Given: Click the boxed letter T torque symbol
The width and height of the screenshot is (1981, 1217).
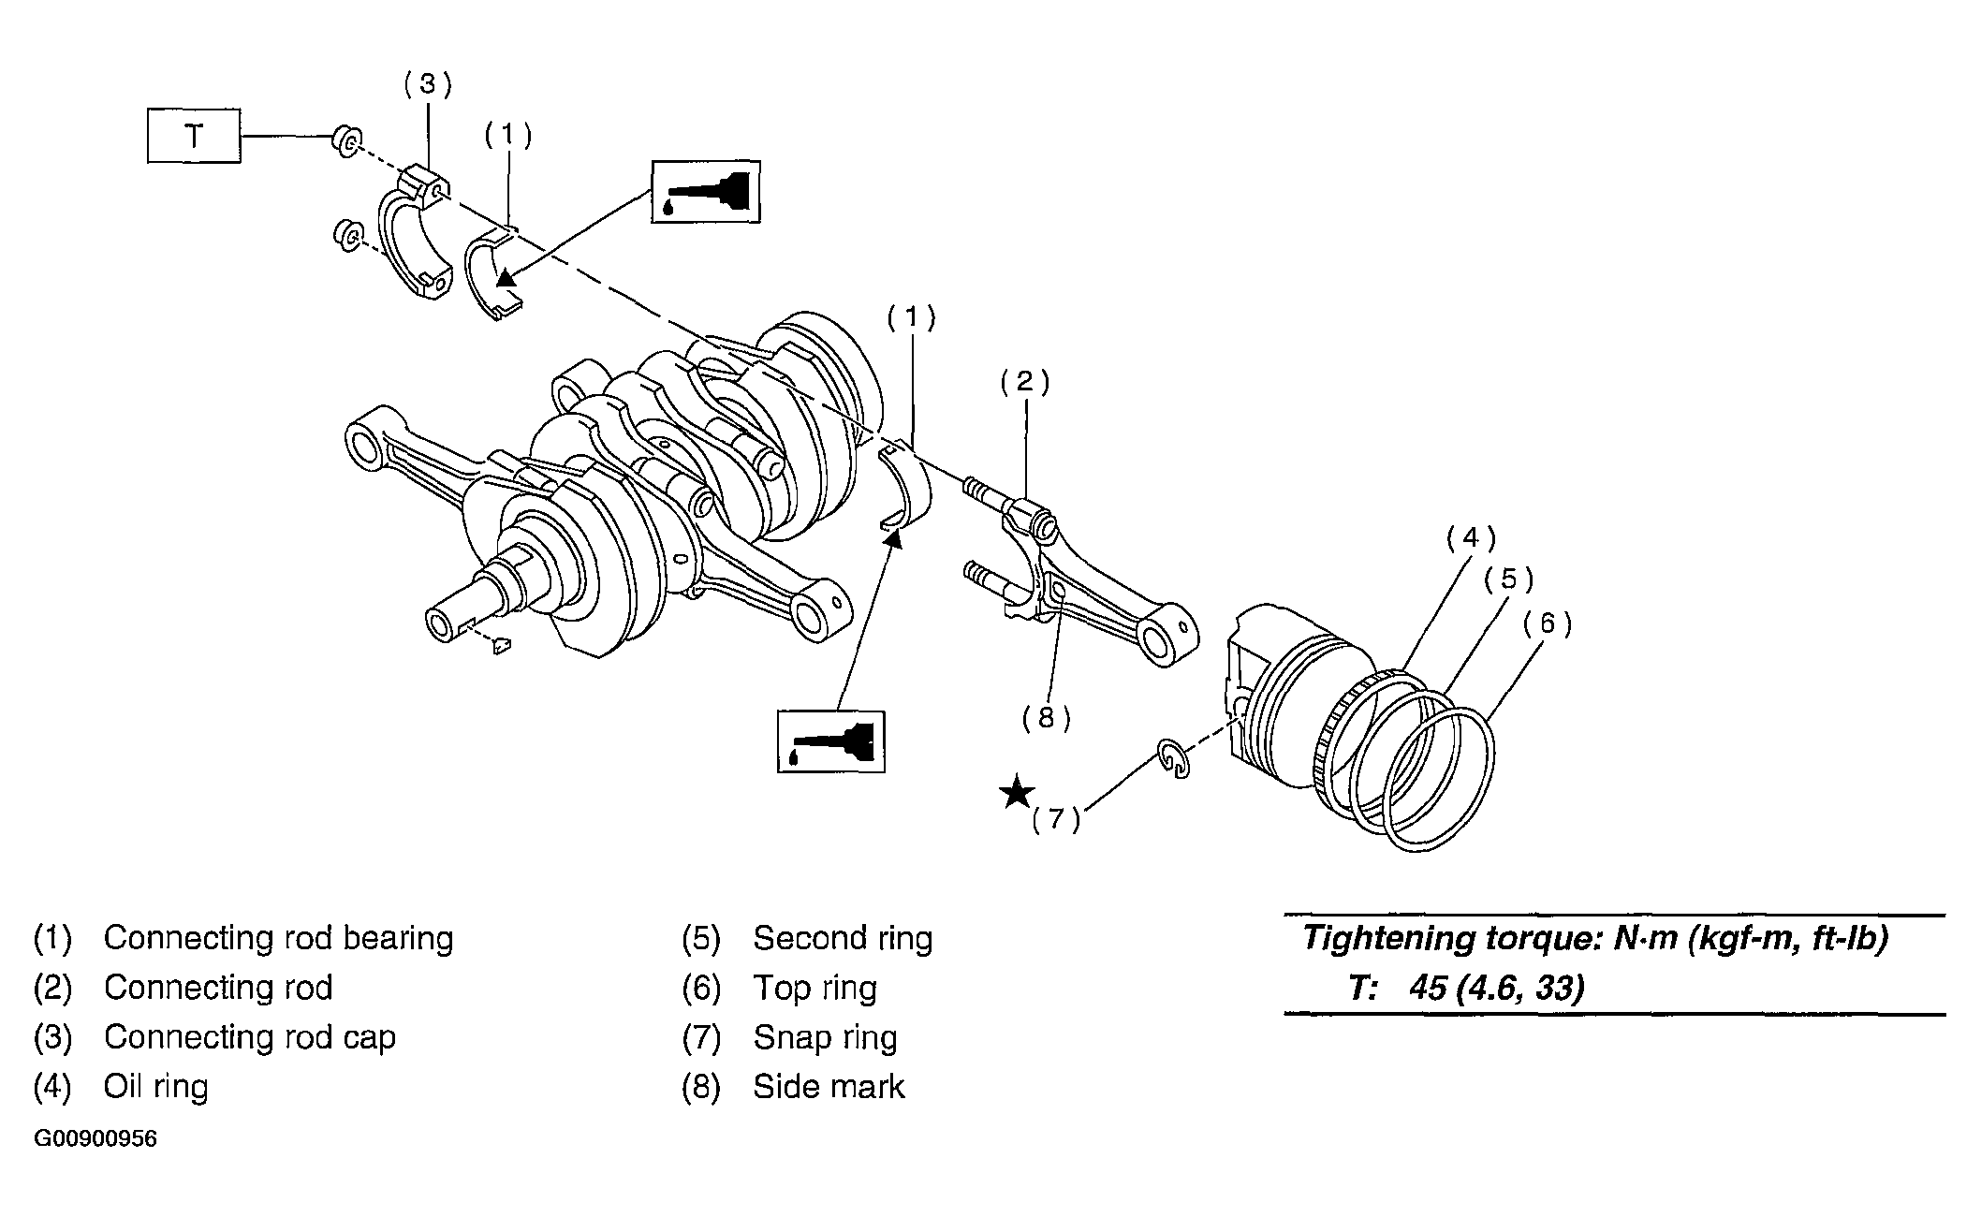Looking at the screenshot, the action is pos(194,137).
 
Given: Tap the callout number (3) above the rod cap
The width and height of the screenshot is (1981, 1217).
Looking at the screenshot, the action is pos(428,84).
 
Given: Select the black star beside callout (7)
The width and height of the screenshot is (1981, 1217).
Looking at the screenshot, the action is pos(1016,792).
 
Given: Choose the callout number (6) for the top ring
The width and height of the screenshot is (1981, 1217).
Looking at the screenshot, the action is pos(1547,623).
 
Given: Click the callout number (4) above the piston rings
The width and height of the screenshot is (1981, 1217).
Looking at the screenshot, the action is pos(1471,537).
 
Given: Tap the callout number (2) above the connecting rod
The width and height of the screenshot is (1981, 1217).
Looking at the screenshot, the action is pos(1025,381).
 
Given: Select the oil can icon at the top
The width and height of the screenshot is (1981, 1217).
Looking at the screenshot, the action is pos(706,192).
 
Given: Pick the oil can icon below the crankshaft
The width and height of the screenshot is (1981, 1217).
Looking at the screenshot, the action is pos(831,741).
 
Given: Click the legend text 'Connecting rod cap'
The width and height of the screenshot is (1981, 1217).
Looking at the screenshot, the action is pos(250,1037).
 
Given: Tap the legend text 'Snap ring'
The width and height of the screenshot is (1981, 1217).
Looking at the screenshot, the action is pos(825,1037).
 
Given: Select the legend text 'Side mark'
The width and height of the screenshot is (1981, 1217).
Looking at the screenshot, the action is pos(829,1087).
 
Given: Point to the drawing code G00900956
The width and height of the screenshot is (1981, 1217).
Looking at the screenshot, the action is pos(95,1139).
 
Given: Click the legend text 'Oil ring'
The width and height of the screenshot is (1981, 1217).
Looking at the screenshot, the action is pos(155,1087).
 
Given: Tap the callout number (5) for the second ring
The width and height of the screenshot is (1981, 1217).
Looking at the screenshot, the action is pos(1508,579).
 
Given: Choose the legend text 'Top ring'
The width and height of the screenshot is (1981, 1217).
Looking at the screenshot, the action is pos(814,988).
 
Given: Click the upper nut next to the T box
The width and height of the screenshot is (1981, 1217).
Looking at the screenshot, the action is pos(345,141).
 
